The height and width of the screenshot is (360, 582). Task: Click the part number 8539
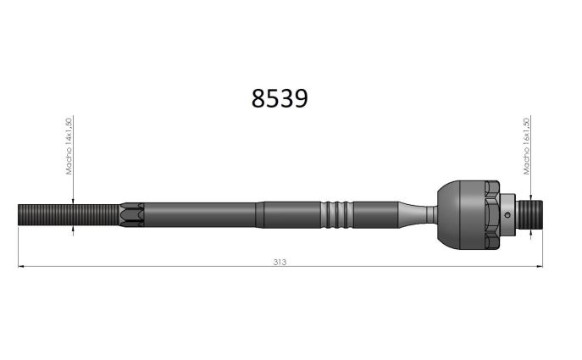click(280, 99)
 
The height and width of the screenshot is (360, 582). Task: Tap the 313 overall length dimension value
click(280, 262)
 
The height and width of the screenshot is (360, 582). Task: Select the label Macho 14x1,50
click(69, 147)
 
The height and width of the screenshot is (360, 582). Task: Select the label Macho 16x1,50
click(526, 147)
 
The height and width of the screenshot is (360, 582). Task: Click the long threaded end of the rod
click(69, 215)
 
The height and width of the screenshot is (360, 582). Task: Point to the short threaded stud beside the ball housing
click(530, 214)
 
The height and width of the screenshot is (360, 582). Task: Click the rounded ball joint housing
click(462, 215)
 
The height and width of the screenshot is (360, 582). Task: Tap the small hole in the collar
click(507, 215)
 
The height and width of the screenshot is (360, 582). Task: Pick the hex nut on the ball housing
click(492, 215)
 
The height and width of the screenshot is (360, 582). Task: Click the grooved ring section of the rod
click(336, 215)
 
